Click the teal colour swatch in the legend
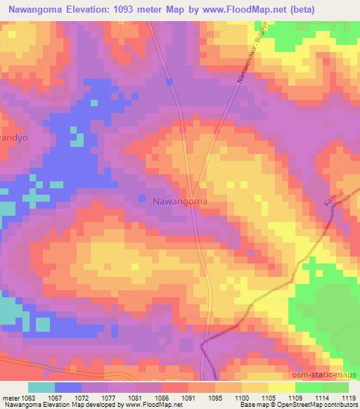tap(41, 387)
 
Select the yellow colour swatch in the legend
tap(281, 387)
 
